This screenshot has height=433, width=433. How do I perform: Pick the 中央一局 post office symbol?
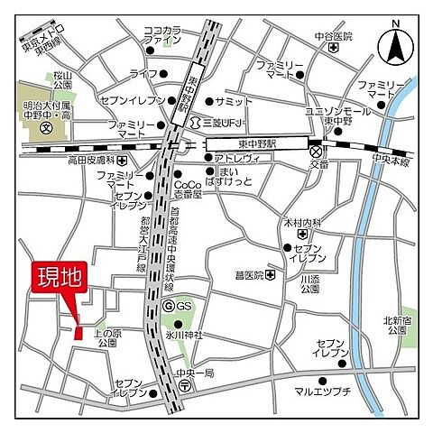pos(184,383)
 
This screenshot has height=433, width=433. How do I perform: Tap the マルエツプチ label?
pos(319,392)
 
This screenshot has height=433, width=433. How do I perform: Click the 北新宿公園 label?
pos(396,324)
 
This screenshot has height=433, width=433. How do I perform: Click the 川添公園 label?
pos(310,284)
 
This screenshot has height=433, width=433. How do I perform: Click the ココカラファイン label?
pos(163,35)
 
